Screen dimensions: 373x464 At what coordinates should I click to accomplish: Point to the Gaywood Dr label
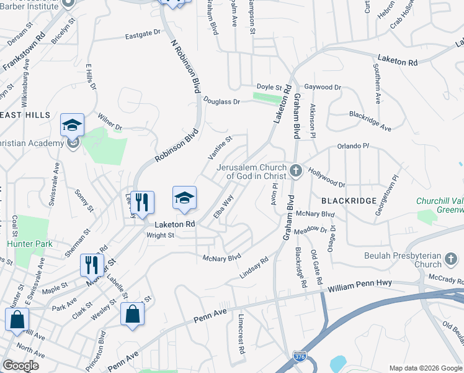(x=324, y=88)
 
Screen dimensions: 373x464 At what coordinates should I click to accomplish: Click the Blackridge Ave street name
(x=370, y=121)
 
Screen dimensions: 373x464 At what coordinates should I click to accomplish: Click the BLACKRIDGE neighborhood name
(x=349, y=201)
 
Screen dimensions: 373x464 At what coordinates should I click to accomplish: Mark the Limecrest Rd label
(x=241, y=334)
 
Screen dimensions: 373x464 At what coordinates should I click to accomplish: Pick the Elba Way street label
(x=223, y=206)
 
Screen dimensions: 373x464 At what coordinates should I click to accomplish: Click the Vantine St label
(x=220, y=148)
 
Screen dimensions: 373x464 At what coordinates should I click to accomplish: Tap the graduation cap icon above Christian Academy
(x=73, y=125)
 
